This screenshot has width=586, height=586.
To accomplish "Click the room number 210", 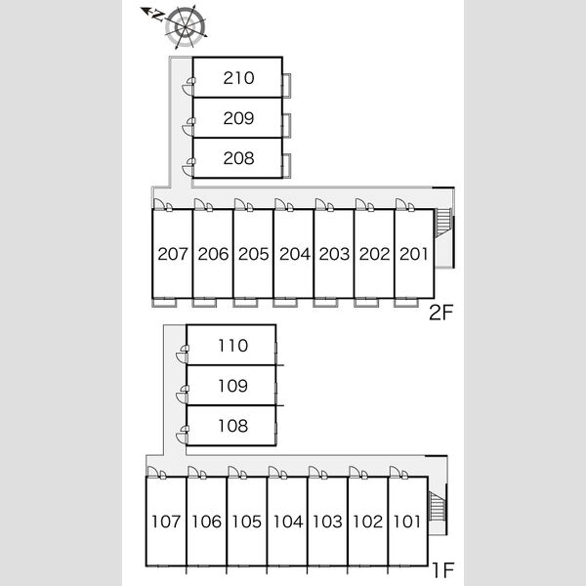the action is coord(238,78).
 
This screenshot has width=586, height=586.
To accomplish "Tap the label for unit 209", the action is coord(238,118).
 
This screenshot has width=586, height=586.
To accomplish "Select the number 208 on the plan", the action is coord(238,158).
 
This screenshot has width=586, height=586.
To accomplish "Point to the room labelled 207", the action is coord(172,254).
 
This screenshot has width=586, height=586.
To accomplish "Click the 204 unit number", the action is coord(295,254).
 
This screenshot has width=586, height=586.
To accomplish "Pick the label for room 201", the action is coord(413,254).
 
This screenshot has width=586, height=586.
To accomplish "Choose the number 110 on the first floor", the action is coord(232,346).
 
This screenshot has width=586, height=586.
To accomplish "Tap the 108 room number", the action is coord(232,426).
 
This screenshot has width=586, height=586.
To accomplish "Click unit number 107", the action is coord(166,522).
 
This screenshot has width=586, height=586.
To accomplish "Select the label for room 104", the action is coord(288,522).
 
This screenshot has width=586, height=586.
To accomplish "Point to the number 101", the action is coord(407,522).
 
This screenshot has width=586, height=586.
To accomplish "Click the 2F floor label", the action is coord(441,313).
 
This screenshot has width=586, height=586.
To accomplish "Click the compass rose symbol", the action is coord(185,27).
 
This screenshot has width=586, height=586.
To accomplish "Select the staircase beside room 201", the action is coord(443,223).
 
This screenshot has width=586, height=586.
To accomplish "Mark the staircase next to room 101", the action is coord(438,506).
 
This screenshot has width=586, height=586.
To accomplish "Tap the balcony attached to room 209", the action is coord(286,125).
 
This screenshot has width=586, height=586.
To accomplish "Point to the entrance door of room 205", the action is coord(240,204).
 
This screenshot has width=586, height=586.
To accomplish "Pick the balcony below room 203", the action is coord(325,303).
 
